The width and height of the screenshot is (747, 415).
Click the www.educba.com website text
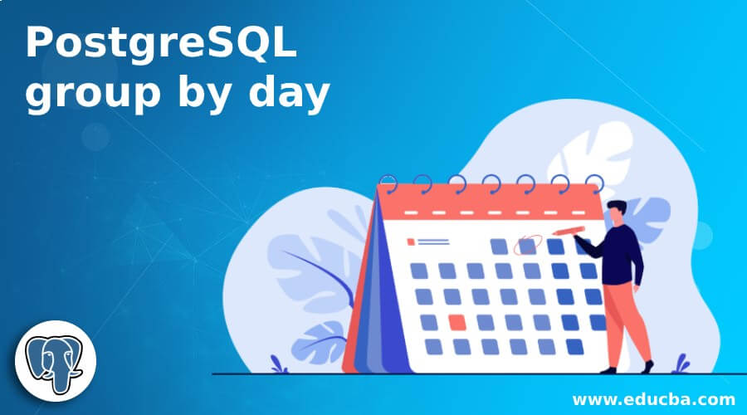[654, 399]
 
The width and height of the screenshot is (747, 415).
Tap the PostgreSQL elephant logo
[56, 361]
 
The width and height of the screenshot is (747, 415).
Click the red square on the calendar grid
[457, 323]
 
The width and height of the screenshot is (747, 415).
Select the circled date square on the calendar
[527, 246]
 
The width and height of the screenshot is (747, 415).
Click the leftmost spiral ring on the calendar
[388, 184]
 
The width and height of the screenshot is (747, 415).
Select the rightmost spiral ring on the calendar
[595, 184]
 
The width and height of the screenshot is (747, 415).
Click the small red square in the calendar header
[411, 242]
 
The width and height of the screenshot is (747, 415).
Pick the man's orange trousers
[626, 323]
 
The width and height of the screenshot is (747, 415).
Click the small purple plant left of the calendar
[278, 364]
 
